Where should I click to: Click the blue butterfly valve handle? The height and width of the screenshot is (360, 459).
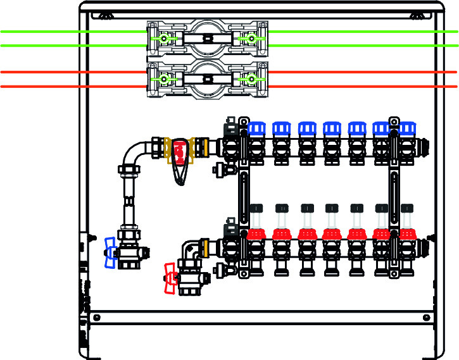click(x=111, y=252)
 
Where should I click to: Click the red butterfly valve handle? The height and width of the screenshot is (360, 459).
click(x=170, y=279)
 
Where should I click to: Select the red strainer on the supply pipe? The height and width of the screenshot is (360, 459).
click(x=181, y=152)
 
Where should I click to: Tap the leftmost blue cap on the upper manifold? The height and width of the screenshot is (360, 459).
click(x=256, y=128)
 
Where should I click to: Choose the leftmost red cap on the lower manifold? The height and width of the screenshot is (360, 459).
click(x=256, y=234)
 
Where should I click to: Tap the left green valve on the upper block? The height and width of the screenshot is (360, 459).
click(x=164, y=39)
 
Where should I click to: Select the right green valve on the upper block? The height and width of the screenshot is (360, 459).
click(x=251, y=39)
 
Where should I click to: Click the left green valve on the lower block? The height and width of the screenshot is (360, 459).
click(x=164, y=79)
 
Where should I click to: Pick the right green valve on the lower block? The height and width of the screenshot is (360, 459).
click(x=251, y=79)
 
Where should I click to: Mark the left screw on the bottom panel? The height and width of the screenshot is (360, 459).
click(x=96, y=317)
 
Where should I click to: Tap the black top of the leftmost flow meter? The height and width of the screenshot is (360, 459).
click(x=256, y=208)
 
